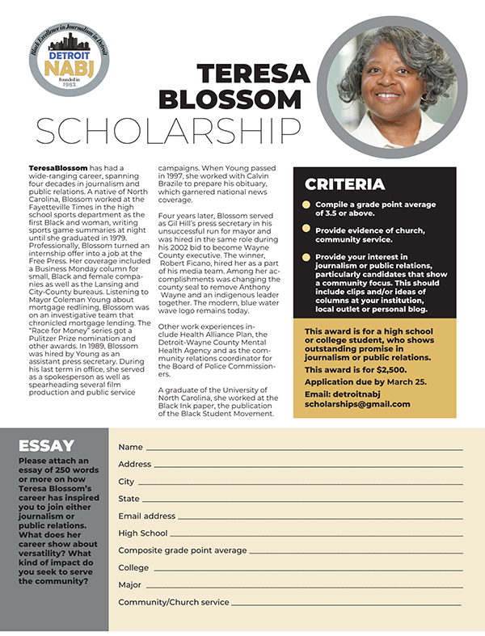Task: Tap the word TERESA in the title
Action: [250, 74]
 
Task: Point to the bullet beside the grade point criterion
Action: [306, 205]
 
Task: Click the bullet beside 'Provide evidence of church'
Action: [306, 230]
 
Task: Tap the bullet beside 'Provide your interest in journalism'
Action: [306, 257]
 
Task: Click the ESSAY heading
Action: [46, 445]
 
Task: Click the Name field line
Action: [304, 449]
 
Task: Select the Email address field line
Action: [320, 517]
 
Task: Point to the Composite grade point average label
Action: [183, 550]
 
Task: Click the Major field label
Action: [129, 584]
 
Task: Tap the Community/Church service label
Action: [174, 602]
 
